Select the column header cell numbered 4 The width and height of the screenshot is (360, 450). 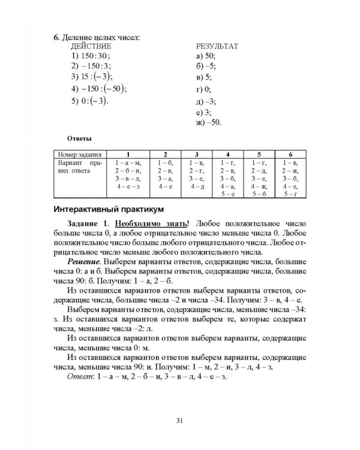[227, 154]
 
